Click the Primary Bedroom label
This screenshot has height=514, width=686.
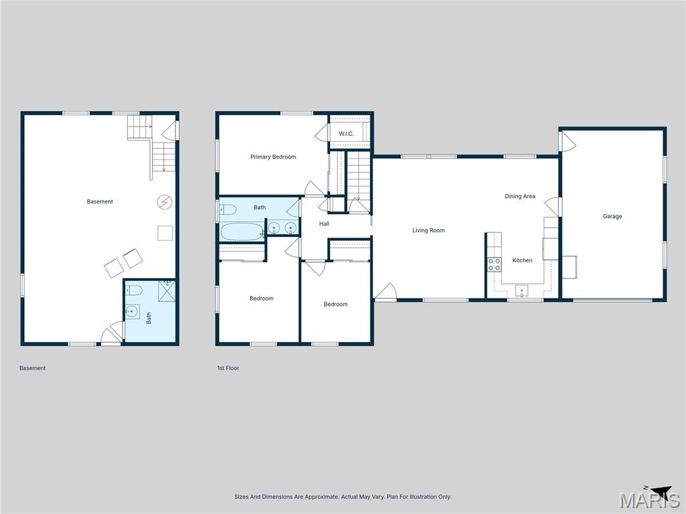coord(273,157)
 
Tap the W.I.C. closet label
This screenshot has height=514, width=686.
coord(346,134)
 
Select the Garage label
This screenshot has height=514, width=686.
coord(612,216)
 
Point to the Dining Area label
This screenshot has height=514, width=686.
coord(520,196)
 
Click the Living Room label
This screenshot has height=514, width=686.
coord(428,231)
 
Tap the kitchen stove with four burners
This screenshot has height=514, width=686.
coord(494,264)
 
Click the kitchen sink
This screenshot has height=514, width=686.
coord(521,290)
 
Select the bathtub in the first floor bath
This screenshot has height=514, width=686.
coord(242,232)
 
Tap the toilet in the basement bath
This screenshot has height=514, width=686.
coord(134,291)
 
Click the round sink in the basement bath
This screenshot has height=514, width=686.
coord(132,313)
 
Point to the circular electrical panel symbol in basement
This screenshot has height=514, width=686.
coord(164,201)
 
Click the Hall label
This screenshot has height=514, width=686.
coord(324,224)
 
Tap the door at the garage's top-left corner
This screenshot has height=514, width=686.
coord(567,141)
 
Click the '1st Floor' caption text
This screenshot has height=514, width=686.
coord(228,368)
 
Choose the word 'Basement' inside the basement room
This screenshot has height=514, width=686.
coord(100,201)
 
